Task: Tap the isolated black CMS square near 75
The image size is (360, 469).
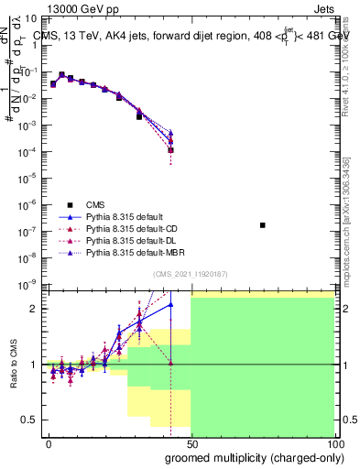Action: (x=263, y=224)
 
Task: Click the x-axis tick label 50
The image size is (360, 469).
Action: (x=191, y=443)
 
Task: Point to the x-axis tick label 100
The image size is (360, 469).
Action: (x=333, y=443)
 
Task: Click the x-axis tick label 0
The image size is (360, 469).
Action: (x=49, y=443)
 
